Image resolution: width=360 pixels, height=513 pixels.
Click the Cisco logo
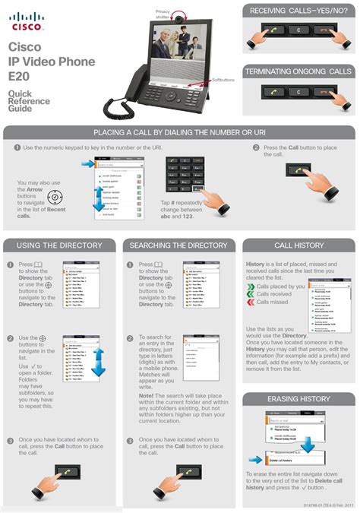click(26, 21)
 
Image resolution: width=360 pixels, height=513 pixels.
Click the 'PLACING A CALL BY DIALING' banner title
click(179, 133)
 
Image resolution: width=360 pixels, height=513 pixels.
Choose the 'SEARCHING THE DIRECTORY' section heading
click(178, 245)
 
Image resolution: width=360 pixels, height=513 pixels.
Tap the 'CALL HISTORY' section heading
click(298, 245)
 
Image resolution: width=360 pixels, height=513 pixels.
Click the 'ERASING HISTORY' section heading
click(298, 399)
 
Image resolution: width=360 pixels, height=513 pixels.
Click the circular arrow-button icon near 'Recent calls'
click(55, 198)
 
